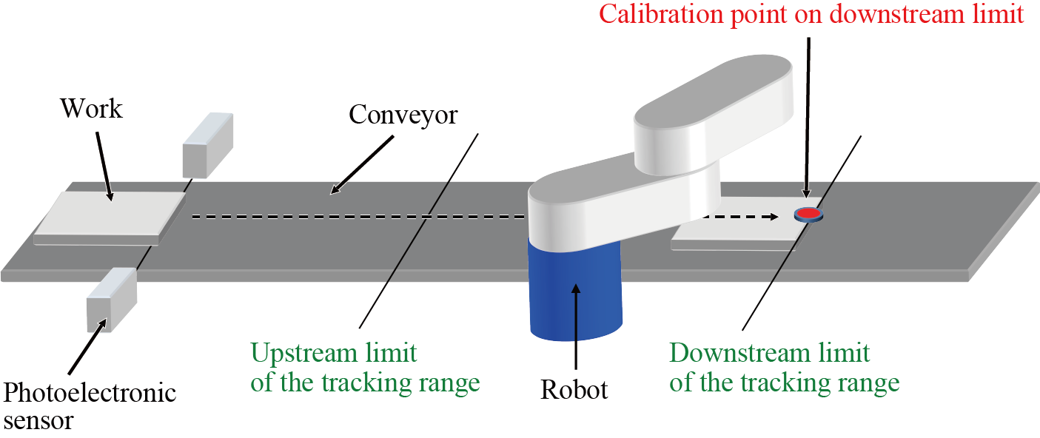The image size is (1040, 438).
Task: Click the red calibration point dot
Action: [x=808, y=214]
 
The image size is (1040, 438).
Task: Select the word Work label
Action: [x=91, y=109]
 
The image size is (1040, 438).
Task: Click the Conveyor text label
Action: [x=403, y=115]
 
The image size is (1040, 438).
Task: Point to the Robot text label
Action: [x=574, y=389]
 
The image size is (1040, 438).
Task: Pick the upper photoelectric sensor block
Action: [x=207, y=145]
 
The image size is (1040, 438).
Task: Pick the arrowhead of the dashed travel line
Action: [x=772, y=217]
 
